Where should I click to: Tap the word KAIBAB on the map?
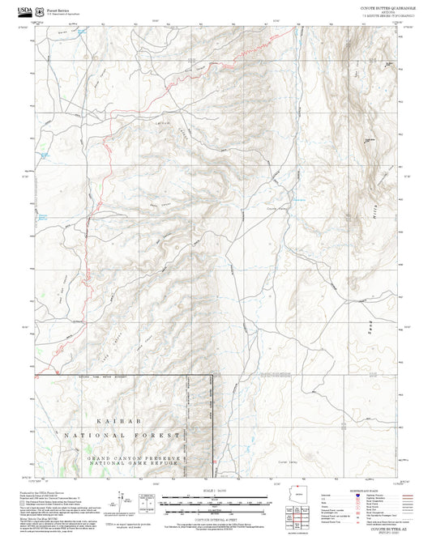[x=92, y=422]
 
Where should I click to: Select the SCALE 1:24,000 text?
[x=216, y=488]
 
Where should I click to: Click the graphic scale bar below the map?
[x=216, y=498]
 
